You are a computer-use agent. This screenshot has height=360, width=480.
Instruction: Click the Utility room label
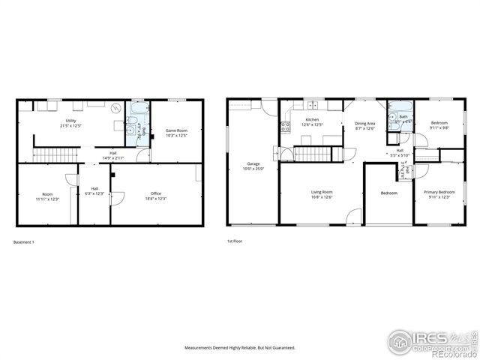tap(71, 119)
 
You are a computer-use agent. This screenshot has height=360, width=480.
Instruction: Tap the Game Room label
tap(176, 131)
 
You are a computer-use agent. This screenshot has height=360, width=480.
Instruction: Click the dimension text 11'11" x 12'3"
tap(47, 198)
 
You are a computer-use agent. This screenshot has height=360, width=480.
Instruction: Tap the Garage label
tap(253, 163)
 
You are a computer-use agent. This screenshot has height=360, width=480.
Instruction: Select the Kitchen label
tap(311, 119)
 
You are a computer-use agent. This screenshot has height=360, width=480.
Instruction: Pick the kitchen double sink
tap(312, 104)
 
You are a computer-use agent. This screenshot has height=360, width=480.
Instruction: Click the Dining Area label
tap(365, 123)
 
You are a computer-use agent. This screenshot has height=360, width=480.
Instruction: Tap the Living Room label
tap(322, 193)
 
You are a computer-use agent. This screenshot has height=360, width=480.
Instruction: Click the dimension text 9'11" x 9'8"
tap(439, 127)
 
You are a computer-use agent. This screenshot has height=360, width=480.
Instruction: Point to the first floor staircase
tap(310, 154)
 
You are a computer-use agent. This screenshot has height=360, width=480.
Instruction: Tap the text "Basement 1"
tap(24, 241)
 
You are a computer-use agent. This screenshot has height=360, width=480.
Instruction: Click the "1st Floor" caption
tap(235, 241)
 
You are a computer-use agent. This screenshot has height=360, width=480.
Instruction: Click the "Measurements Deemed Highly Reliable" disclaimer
tap(240, 348)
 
